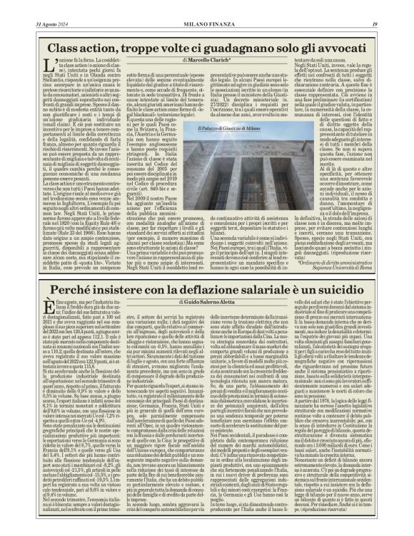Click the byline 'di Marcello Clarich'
pyautogui.click(x=207, y=63)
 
